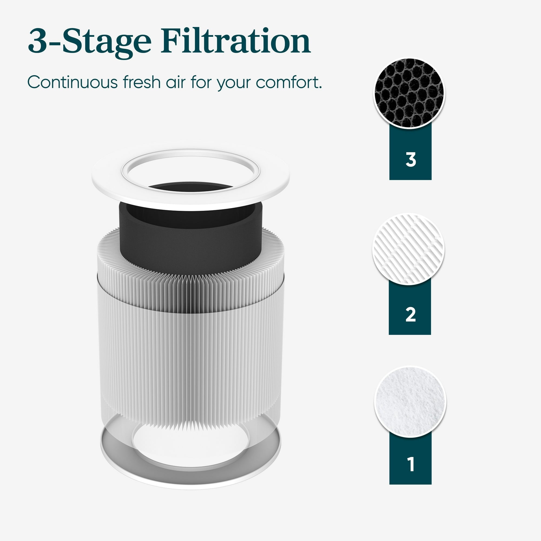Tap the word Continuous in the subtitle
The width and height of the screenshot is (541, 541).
[x=72, y=82]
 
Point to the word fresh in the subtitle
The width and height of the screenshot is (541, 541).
[x=142, y=82]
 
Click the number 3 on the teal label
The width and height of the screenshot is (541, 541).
[x=411, y=160]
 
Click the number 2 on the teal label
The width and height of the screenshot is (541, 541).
[x=410, y=315]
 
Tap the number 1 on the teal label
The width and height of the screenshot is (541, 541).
[x=411, y=464]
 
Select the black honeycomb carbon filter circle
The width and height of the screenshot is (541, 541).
[x=409, y=93]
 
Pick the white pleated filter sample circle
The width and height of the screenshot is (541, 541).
[x=408, y=249]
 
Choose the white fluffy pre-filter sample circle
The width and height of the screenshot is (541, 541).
[x=410, y=401]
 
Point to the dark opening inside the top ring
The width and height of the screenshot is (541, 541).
[x=190, y=187]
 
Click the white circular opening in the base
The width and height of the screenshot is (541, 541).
[x=190, y=445]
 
